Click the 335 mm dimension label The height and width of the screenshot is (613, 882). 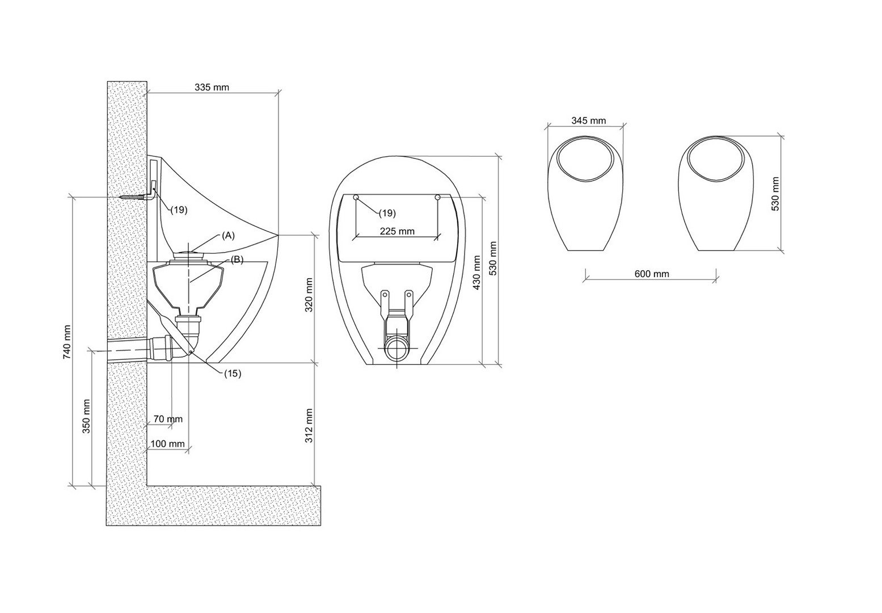point(212,87)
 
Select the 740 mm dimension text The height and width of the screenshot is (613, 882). point(67,342)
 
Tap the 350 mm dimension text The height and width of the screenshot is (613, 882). point(86,416)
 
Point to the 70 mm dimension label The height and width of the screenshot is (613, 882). point(168,419)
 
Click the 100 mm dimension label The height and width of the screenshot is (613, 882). point(167,444)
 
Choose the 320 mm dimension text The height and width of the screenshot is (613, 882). point(309,295)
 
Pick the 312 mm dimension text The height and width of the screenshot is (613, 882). point(309,426)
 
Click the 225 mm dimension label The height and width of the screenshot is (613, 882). point(397,231)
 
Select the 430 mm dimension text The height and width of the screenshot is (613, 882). point(477,272)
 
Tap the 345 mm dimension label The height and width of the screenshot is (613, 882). point(589,120)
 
